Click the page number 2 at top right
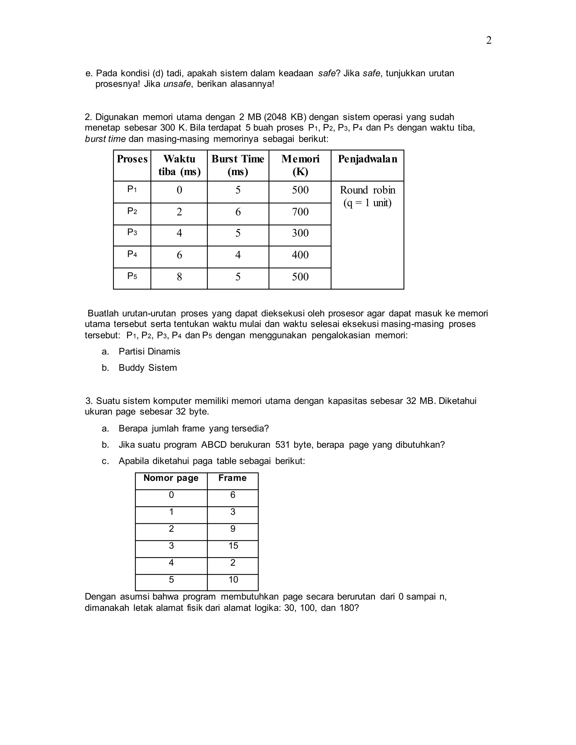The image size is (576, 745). pos(489,40)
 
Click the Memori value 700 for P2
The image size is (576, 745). pos(300,212)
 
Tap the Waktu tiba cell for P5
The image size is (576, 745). pos(179,277)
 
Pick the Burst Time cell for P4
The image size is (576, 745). pos(238,255)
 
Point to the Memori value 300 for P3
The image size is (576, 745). pos(300,233)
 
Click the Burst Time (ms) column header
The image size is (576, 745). pos(238,165)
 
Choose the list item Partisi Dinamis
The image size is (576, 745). pos(149,351)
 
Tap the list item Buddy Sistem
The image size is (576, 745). pos(147,368)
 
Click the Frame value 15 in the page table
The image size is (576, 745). pos(233,546)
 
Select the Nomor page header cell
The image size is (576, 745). pos(171,478)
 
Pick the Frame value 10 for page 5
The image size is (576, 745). pos(233,580)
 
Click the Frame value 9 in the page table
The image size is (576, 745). pos(233,529)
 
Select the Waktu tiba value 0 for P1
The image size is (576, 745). pos(179,190)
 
